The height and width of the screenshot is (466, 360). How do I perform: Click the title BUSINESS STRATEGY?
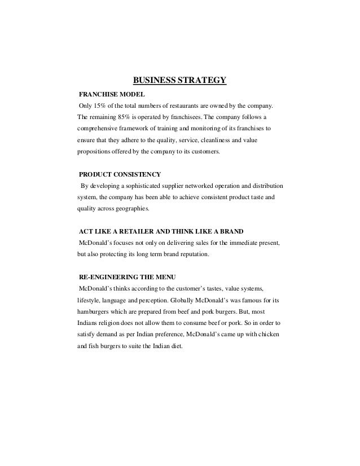click(x=179, y=80)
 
